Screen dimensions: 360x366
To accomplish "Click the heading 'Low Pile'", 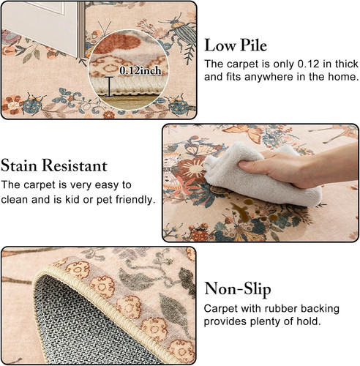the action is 236,45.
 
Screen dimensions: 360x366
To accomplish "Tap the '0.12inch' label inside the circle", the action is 140,71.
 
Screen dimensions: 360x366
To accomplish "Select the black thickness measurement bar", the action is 109,87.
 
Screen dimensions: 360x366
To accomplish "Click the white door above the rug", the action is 42,27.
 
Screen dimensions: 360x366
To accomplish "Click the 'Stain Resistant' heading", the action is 54,165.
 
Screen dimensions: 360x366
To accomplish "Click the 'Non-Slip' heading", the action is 238,289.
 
